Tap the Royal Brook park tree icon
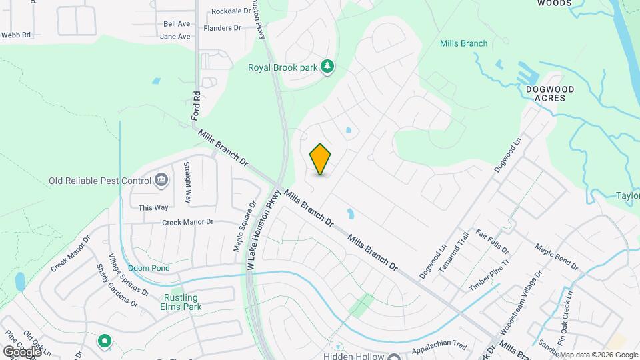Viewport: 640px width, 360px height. point(327,67)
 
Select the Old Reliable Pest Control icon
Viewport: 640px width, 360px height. point(161,180)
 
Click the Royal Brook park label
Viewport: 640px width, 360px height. point(283,67)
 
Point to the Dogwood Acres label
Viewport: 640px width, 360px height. point(550,93)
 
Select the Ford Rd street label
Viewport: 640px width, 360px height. point(195,105)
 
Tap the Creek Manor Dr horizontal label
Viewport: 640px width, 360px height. point(187,221)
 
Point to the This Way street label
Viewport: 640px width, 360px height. point(153,207)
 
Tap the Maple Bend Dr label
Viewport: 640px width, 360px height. point(556,257)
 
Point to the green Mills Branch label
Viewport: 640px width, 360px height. point(464,43)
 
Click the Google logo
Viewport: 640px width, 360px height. point(22,351)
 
